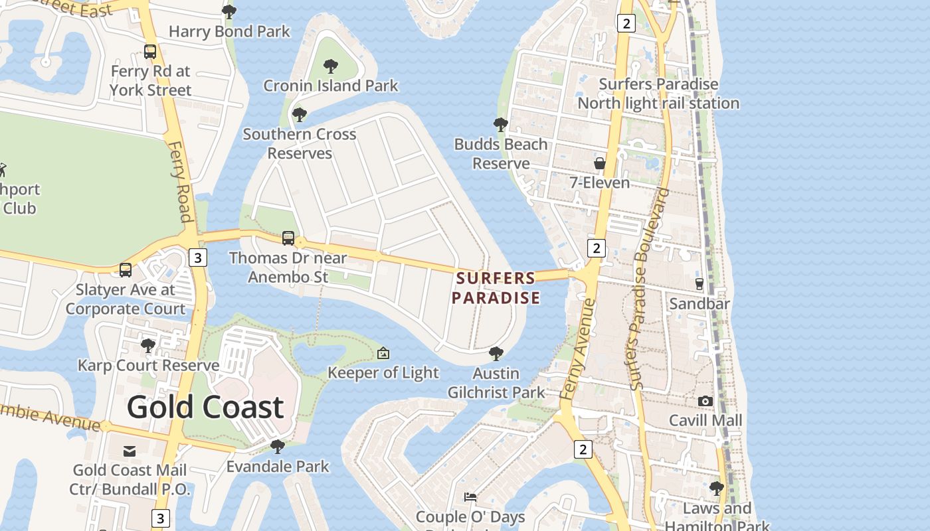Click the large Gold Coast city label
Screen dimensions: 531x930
coord(205,407)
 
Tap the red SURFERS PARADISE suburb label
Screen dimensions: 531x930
coord(496,288)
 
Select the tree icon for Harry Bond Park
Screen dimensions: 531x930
coord(229,11)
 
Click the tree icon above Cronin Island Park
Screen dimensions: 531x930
coord(330,66)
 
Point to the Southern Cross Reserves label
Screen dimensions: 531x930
coord(299,143)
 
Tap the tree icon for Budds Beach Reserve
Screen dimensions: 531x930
coord(501,124)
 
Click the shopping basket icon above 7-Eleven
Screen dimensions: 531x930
coord(600,163)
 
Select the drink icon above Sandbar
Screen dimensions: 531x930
coord(699,284)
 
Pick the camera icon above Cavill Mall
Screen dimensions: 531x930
coord(705,401)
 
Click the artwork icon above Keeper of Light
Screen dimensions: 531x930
coord(383,353)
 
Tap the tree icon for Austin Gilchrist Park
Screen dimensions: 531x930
coord(496,353)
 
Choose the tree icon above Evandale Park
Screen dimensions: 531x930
coord(278,446)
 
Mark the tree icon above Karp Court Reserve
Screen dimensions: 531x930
coord(148,346)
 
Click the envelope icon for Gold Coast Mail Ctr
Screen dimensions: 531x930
coord(130,451)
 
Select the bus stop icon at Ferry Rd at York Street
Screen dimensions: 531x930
coord(150,51)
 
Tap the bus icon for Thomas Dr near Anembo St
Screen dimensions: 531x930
coord(288,238)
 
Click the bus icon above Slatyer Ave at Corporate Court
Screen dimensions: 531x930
coord(126,269)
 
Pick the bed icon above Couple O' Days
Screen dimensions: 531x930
coord(470,497)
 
